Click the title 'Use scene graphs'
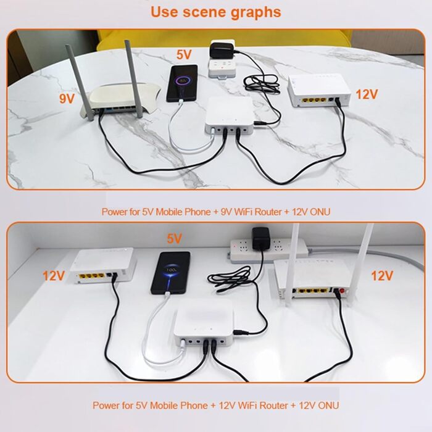[216, 12]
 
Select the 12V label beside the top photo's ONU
[367, 94]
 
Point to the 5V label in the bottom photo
[175, 238]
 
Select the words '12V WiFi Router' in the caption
[249, 405]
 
